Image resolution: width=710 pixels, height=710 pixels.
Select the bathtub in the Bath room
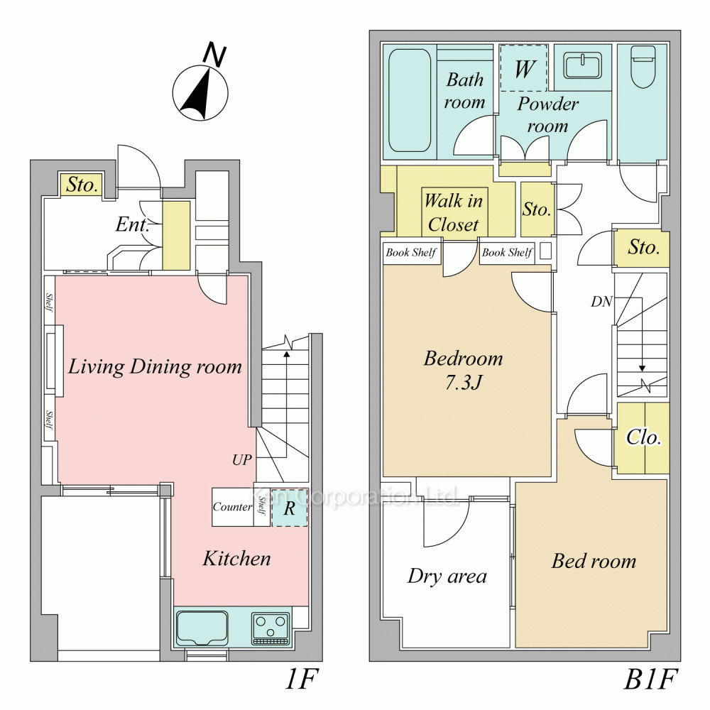click(410, 101)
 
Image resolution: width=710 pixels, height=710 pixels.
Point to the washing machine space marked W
click(524, 68)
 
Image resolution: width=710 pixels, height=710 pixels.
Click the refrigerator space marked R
click(290, 508)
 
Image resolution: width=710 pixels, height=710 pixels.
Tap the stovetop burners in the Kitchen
click(271, 628)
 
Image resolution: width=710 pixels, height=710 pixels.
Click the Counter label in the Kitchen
click(232, 507)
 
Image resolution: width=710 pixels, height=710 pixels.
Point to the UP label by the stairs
click(242, 459)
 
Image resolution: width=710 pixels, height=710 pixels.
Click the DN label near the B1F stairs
click(601, 301)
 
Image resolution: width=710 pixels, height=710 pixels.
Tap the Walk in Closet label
click(454, 212)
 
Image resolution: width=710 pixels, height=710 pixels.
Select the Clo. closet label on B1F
click(643, 437)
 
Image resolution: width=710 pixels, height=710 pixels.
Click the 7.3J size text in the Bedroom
click(463, 383)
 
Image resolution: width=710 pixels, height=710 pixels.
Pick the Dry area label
click(447, 576)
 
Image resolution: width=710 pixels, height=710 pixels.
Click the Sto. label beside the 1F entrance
click(82, 185)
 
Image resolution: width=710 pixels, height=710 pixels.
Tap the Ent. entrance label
click(132, 224)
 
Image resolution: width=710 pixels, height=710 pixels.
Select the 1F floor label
click(302, 679)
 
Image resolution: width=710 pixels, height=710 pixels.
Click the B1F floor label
click(650, 679)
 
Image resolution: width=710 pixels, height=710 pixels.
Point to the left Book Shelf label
click(411, 253)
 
